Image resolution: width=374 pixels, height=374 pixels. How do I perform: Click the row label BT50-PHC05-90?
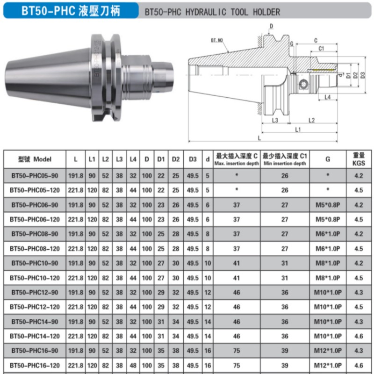click(x=35, y=176)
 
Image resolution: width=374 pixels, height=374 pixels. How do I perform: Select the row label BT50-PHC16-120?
click(x=35, y=365)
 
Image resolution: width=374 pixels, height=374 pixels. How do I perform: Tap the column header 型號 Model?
click(x=35, y=159)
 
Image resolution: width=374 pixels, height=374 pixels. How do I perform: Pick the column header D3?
click(x=193, y=159)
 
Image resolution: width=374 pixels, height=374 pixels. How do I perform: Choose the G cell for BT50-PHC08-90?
click(x=328, y=234)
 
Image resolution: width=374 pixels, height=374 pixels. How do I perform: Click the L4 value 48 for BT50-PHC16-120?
click(x=133, y=365)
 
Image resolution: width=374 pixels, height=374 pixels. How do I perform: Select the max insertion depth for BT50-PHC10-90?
click(x=237, y=263)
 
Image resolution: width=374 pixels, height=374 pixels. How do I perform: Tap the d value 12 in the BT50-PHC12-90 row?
click(x=208, y=292)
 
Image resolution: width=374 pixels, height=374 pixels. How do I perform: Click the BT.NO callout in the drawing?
click(x=217, y=41)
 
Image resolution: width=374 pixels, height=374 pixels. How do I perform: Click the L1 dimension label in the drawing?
click(x=297, y=129)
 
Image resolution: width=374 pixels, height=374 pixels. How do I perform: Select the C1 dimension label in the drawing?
click(x=322, y=49)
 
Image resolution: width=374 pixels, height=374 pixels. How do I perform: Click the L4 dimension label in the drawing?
click(x=328, y=97)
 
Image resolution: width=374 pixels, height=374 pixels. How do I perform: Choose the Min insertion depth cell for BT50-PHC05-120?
click(x=285, y=190)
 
